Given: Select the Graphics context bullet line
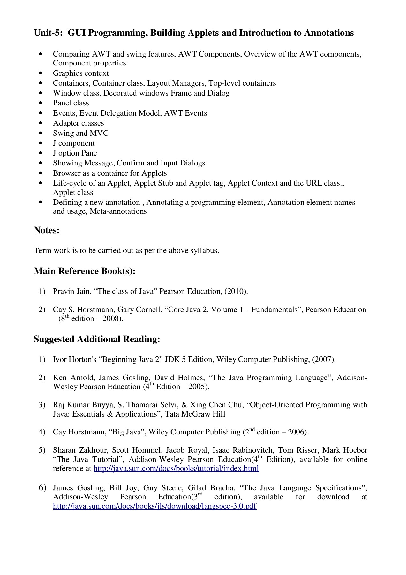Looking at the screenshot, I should click(81, 73).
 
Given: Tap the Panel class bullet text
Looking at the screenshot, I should click(71, 103).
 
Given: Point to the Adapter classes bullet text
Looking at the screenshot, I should click(78, 123).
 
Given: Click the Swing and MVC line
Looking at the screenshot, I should click(81, 133).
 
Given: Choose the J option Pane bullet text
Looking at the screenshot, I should click(75, 153).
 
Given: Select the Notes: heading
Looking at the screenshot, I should click(47, 230).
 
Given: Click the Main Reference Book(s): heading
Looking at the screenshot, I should click(85, 271).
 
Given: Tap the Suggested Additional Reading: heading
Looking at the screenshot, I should click(97, 339).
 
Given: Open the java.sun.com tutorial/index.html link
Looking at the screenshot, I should click(176, 469).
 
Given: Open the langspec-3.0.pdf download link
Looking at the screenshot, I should click(154, 506).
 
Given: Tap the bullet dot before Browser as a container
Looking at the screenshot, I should click(40, 173).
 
